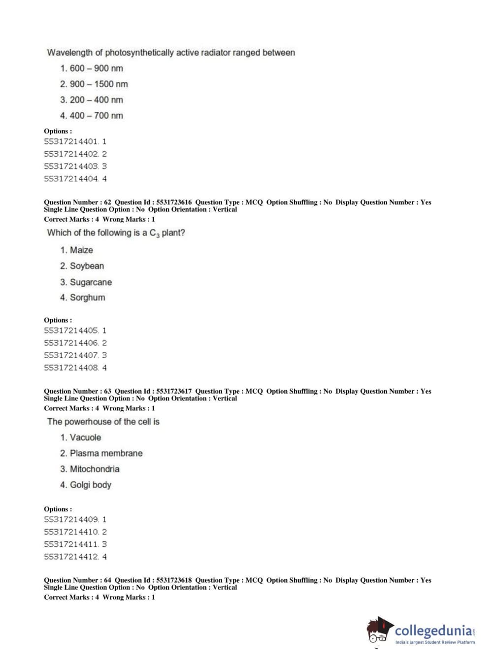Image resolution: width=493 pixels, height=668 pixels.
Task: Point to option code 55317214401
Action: click(71, 142)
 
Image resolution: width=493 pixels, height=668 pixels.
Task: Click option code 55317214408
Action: click(71, 368)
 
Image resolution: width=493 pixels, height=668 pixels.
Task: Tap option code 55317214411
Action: click(71, 544)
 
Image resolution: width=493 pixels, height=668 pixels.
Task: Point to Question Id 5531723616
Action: click(174, 202)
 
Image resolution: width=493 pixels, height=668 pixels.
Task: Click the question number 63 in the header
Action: click(107, 391)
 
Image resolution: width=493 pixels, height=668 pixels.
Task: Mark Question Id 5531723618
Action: click(174, 580)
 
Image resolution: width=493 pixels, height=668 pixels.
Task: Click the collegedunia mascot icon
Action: click(379, 631)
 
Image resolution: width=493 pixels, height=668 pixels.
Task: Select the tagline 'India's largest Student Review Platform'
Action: click(435, 642)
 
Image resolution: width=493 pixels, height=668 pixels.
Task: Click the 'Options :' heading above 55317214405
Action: click(58, 320)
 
